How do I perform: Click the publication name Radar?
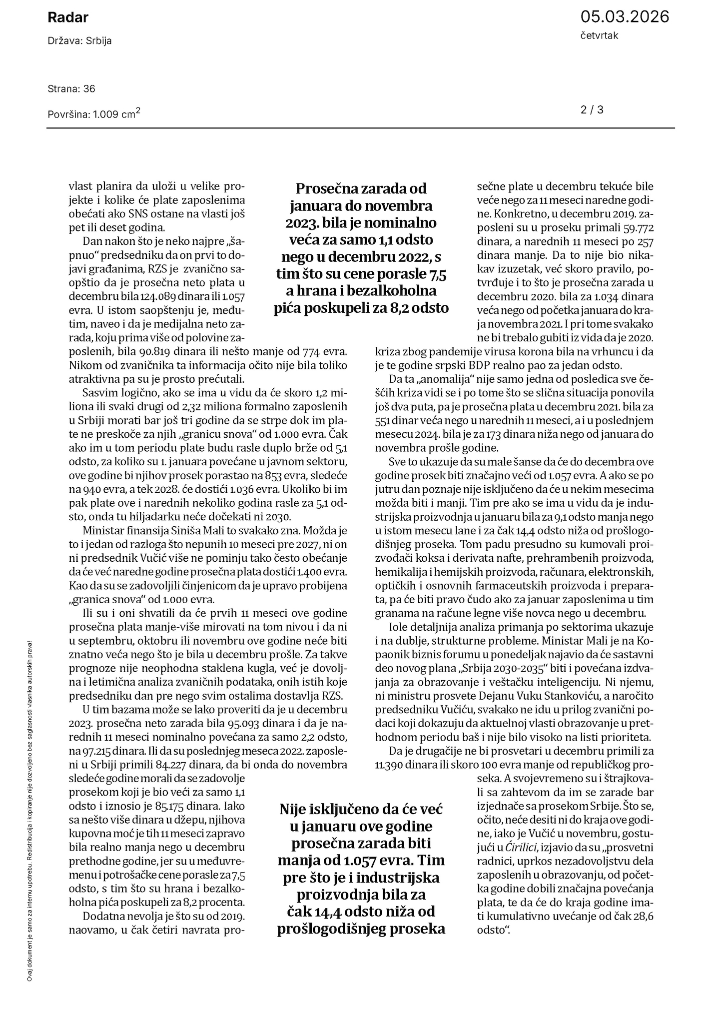[68, 18]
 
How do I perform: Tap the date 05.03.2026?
[624, 17]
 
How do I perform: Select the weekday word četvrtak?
[599, 36]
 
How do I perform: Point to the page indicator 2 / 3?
[592, 109]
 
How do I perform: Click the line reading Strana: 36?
[71, 89]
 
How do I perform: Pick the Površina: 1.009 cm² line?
[94, 114]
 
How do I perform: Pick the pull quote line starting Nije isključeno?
[361, 808]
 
